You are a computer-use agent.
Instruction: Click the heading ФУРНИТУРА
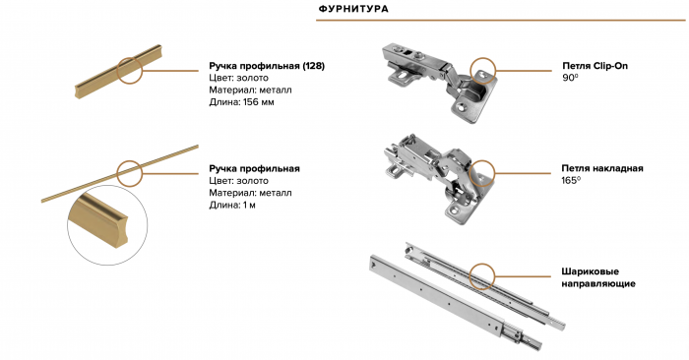coord(353,9)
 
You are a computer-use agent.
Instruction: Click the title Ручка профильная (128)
coord(267,66)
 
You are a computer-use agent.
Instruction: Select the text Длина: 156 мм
coord(241,102)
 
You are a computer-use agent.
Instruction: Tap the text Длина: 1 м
coord(232,205)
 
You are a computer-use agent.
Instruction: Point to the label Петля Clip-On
coord(595,66)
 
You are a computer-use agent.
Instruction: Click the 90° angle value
coord(570,78)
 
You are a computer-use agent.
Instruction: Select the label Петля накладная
coord(602,168)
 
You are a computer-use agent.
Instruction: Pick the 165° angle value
coord(571,180)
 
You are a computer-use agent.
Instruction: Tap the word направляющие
coord(598,283)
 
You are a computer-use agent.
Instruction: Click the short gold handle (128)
coord(118,71)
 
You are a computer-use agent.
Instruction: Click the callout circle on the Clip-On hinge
coord(483,58)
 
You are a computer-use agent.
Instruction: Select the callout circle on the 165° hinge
coord(482,161)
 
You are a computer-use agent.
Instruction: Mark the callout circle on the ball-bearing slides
coord(482,265)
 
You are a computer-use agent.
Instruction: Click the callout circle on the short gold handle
coord(130,58)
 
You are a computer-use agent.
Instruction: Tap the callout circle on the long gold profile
coord(130,161)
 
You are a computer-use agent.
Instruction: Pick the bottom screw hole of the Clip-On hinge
coord(463,106)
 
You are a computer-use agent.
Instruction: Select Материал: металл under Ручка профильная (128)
coord(250,90)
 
